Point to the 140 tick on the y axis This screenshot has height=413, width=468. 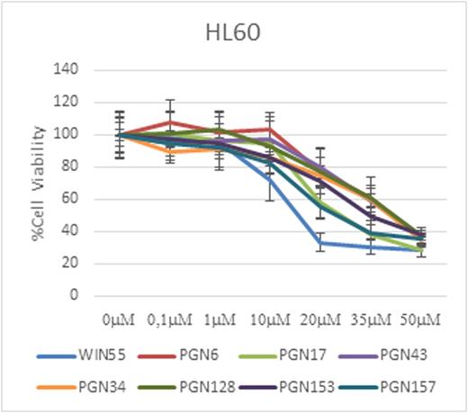coord(68,69)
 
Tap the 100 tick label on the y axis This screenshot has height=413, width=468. coord(68,134)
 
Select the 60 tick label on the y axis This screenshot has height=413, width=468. coord(72,199)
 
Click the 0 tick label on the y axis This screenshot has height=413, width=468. coord(76,295)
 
